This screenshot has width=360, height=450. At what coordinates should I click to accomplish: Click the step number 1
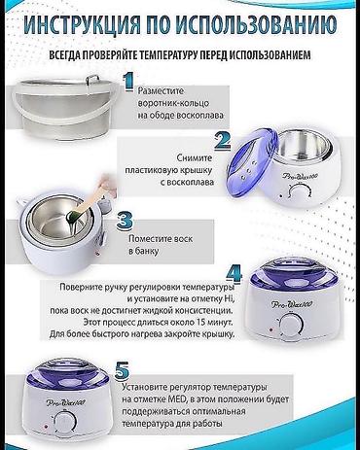tap(128, 83)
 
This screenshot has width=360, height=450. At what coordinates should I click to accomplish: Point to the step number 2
tap(222, 140)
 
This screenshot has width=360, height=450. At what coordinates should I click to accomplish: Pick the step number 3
tap(125, 220)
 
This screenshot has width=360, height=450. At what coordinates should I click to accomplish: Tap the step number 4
tap(234, 273)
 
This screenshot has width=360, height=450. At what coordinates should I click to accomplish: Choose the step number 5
tap(122, 370)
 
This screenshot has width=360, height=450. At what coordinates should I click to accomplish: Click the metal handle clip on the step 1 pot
tap(91, 80)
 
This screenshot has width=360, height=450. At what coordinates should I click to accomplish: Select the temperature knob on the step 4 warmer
tap(291, 325)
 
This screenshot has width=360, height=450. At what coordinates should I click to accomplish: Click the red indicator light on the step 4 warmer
tap(270, 330)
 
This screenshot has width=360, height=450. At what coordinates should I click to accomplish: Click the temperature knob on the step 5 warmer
tap(65, 422)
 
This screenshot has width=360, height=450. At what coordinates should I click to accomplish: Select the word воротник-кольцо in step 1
tap(173, 104)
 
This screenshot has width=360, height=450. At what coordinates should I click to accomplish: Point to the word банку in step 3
tap(147, 251)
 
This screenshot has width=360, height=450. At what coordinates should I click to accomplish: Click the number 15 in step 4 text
tap(200, 323)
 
